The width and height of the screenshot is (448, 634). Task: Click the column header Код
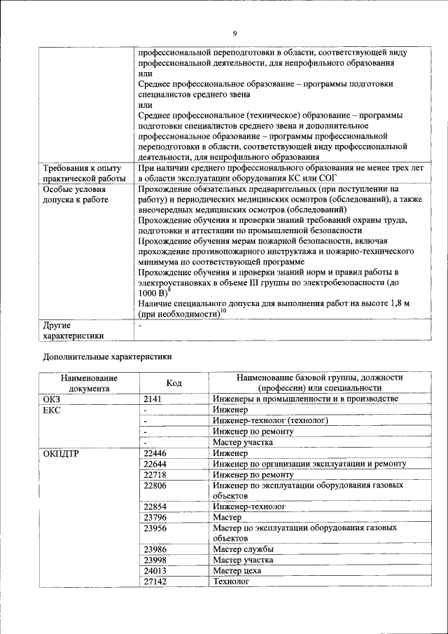pos(174,383)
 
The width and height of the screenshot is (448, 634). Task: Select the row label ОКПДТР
pos(62,453)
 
